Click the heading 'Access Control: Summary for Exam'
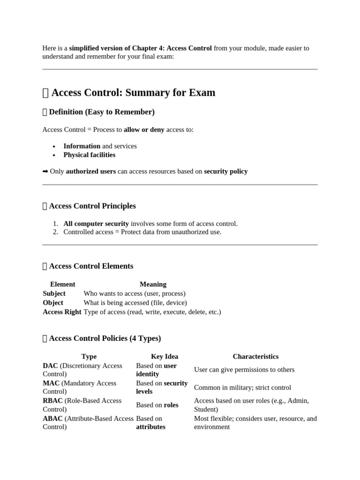[x=133, y=93]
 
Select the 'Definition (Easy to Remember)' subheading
[x=102, y=112]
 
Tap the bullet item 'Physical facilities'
[x=89, y=155]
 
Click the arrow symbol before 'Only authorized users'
[x=45, y=172]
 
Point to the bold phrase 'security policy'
[x=225, y=172]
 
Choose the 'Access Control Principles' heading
[x=92, y=206]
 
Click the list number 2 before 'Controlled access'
[x=55, y=232]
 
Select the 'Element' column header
[x=62, y=284]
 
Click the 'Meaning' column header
[x=153, y=284]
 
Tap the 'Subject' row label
[x=54, y=293]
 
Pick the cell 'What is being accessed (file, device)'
[x=135, y=303]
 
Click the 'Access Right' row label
[x=62, y=312]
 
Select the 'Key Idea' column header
[x=164, y=357]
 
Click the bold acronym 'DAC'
[x=50, y=366]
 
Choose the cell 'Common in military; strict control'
[x=242, y=388]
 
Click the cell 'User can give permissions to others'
[x=244, y=370]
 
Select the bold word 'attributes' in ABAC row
[x=150, y=427]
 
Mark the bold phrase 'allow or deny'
[x=144, y=130]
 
